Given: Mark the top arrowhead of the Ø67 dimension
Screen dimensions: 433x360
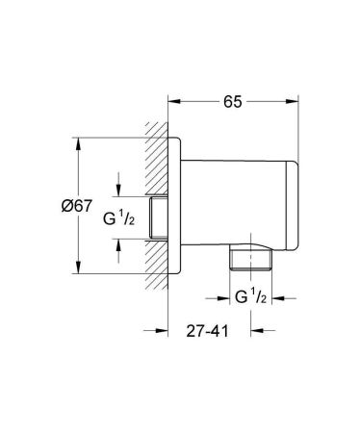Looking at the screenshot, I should (78, 140).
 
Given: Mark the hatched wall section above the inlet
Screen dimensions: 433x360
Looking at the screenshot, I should (156, 164).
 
